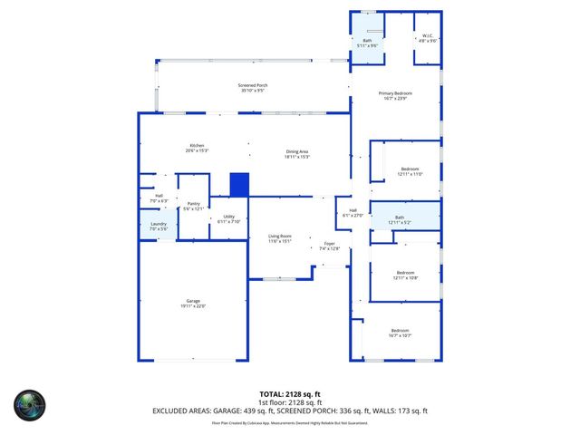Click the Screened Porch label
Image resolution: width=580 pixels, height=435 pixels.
[x=254, y=86]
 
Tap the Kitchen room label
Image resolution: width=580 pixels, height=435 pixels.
[x=197, y=147]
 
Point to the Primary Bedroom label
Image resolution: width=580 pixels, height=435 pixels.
[x=395, y=94]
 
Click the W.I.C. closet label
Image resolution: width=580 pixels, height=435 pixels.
[x=428, y=37]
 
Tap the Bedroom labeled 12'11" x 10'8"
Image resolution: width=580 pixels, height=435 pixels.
[x=405, y=274]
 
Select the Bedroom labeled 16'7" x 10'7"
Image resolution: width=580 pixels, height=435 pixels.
[x=401, y=332]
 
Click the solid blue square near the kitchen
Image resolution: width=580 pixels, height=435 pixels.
[x=239, y=184]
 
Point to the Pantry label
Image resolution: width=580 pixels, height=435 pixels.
[x=193, y=205]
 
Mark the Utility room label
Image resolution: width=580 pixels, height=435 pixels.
[x=229, y=217]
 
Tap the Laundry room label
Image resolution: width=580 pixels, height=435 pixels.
[x=158, y=226]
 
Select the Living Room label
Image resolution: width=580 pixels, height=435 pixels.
[x=279, y=237]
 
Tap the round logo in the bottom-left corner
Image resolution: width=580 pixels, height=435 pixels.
[x=29, y=404]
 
